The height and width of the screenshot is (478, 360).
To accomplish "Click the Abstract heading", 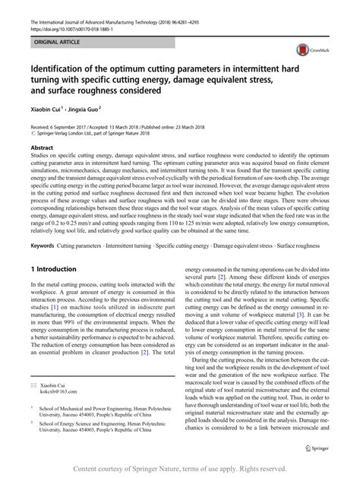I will [42, 144].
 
